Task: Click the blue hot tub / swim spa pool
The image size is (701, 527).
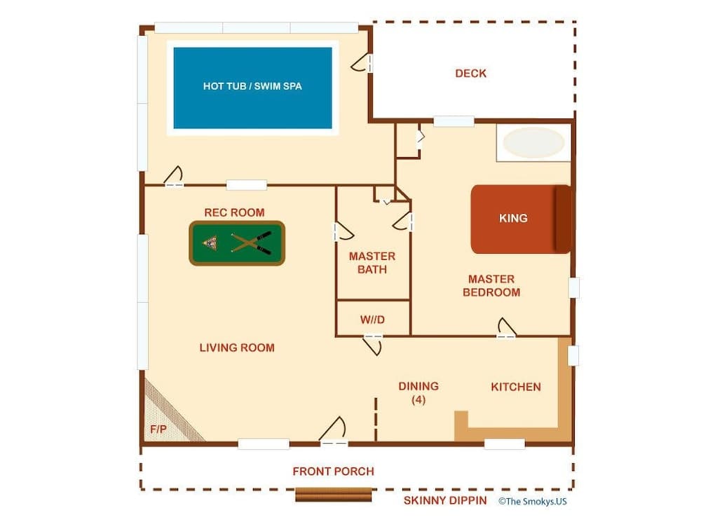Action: pyautogui.click(x=252, y=88)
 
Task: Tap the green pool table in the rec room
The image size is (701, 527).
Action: pyautogui.click(x=237, y=243)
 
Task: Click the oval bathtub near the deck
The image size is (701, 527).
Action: pyautogui.click(x=534, y=143)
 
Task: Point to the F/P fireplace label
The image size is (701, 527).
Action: pyautogui.click(x=158, y=429)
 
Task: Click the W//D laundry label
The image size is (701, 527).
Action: pyautogui.click(x=372, y=320)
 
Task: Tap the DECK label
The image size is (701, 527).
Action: pyautogui.click(x=470, y=74)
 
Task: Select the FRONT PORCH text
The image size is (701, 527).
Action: pyautogui.click(x=333, y=472)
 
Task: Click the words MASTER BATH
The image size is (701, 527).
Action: pyautogui.click(x=372, y=263)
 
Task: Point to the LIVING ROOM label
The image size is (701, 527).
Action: pyautogui.click(x=237, y=348)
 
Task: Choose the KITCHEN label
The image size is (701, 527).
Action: pyautogui.click(x=515, y=387)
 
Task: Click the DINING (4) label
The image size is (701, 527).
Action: pyautogui.click(x=418, y=392)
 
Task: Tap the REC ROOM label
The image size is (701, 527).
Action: pyautogui.click(x=234, y=212)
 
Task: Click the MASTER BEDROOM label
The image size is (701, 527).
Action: pyautogui.click(x=491, y=285)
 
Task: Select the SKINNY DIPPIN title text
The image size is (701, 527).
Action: pyautogui.click(x=445, y=500)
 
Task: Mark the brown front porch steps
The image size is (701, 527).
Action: pyautogui.click(x=333, y=495)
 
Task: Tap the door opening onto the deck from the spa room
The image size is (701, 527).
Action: pyautogui.click(x=362, y=63)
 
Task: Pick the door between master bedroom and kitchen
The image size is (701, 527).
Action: pyautogui.click(x=506, y=329)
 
